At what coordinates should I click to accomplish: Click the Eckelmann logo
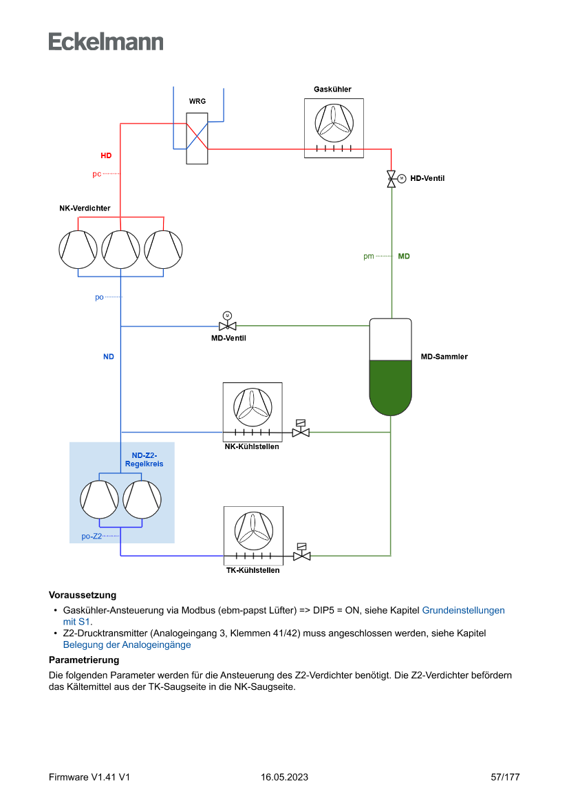[106, 41]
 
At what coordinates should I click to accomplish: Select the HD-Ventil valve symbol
[392, 178]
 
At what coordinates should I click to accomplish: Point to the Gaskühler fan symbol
[334, 122]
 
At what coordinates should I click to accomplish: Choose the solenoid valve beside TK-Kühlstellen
[301, 554]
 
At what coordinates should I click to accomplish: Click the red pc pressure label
[97, 174]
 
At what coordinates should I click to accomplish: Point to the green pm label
[369, 257]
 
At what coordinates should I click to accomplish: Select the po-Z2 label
[92, 536]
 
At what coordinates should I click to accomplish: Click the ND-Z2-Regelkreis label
[144, 459]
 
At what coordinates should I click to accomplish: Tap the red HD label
[106, 156]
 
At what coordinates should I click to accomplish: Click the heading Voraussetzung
[83, 595]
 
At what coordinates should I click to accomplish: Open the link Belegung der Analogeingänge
[127, 645]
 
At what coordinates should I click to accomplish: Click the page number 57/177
[505, 777]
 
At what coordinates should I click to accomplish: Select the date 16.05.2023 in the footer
[284, 777]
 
